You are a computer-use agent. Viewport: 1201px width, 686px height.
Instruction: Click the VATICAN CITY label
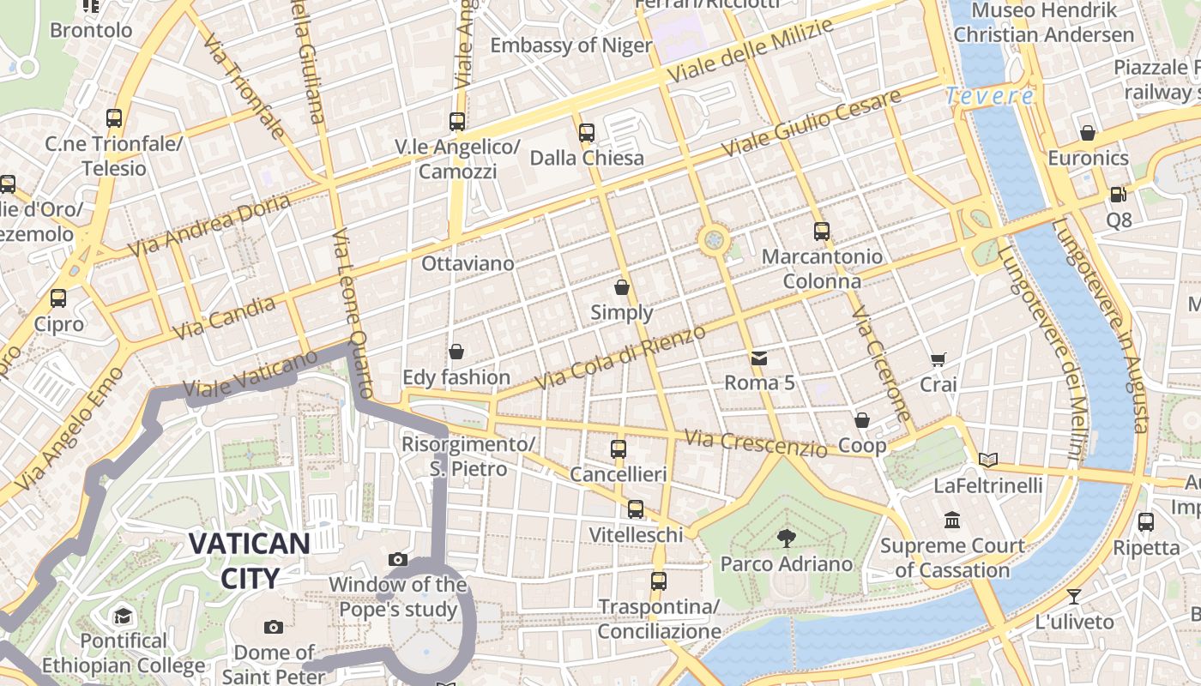[249, 560]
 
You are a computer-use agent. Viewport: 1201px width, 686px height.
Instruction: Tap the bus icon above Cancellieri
[619, 448]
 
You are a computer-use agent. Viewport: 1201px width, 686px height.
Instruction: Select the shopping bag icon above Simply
[622, 287]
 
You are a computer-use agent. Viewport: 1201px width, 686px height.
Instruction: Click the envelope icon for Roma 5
[759, 358]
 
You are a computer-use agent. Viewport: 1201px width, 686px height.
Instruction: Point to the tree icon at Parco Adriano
[786, 539]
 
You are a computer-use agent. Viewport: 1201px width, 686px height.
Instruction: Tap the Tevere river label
[989, 96]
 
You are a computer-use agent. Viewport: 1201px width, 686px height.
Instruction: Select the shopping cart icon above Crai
[938, 360]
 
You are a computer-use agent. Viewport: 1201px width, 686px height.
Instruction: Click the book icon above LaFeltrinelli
[988, 460]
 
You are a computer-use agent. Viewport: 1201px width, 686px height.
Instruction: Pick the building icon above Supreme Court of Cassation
[952, 521]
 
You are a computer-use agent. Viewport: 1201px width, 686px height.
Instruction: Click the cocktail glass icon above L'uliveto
[1073, 596]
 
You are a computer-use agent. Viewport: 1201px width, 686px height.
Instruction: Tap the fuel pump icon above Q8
[1118, 195]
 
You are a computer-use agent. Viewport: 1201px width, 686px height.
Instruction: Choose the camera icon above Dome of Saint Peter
[274, 627]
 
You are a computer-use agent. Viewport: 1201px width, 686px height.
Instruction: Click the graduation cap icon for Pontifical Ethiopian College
[124, 616]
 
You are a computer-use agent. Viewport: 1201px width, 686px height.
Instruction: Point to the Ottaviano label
[468, 263]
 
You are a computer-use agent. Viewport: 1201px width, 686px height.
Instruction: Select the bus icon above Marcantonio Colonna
[822, 231]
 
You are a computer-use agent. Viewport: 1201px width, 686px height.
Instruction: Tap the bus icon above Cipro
[58, 298]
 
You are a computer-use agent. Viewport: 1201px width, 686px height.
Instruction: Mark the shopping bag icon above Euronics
[1088, 133]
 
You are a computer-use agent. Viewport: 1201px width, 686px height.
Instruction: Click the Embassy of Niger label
[571, 45]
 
